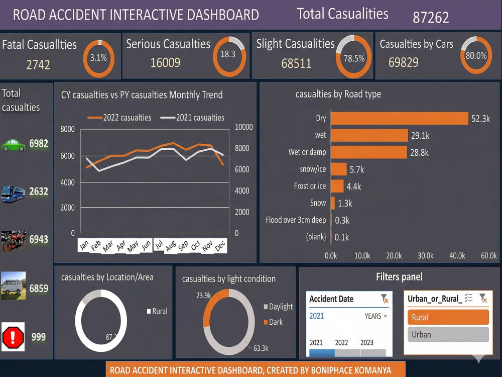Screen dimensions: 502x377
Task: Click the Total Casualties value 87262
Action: [x=431, y=17]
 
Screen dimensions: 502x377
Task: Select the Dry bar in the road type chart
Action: [x=400, y=118]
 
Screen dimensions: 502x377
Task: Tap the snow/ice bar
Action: [x=339, y=169]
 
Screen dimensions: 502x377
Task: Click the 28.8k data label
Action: [x=419, y=153]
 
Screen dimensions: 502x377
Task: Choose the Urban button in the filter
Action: [x=448, y=335]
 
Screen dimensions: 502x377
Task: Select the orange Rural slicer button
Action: [x=448, y=317]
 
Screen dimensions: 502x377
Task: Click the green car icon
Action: [x=13, y=146]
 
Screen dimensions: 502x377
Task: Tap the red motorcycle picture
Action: [x=14, y=241]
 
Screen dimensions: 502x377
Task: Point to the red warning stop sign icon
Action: [x=13, y=337]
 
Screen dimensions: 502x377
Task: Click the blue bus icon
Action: [x=13, y=194]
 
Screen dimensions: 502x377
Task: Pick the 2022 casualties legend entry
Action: [x=119, y=118]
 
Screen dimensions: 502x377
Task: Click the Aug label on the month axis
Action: [x=171, y=246]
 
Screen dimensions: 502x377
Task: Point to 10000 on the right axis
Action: [x=244, y=127]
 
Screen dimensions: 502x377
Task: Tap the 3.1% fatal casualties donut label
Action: [x=98, y=58]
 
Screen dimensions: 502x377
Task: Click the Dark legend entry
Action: [x=273, y=322]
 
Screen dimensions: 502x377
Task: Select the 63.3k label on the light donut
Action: [x=261, y=348]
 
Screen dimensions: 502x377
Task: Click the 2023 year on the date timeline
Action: [x=367, y=343]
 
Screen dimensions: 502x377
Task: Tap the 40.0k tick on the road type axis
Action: [x=457, y=255]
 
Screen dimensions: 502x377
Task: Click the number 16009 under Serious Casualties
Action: [x=165, y=62]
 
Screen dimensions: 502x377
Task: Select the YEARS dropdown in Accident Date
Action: [x=376, y=316]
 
